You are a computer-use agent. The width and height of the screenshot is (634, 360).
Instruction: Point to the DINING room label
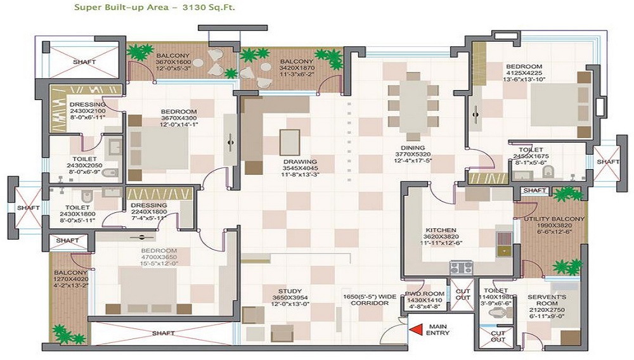pos(412,148)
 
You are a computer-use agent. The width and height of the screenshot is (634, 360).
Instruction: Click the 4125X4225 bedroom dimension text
pos(523,72)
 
